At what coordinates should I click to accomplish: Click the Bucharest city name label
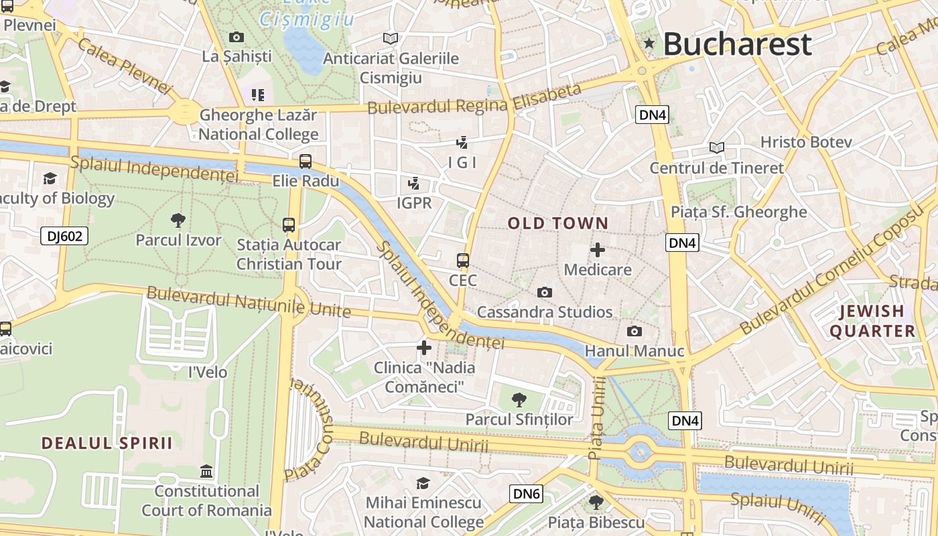click(737, 44)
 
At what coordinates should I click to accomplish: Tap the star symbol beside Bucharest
click(649, 44)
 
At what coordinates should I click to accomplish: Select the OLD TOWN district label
click(558, 224)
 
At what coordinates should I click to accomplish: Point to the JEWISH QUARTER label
click(872, 321)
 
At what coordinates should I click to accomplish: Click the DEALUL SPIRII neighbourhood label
click(107, 443)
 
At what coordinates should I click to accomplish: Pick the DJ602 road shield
click(64, 236)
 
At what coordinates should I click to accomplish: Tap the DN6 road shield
click(526, 494)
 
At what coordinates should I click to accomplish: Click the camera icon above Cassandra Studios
click(545, 292)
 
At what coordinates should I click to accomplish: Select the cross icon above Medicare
click(598, 250)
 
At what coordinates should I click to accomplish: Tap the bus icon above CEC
click(463, 260)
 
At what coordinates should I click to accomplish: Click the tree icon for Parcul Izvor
click(178, 220)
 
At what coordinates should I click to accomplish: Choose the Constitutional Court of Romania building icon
click(206, 472)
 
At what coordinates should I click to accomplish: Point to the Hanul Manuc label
click(634, 351)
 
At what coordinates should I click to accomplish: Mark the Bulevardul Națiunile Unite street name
click(249, 302)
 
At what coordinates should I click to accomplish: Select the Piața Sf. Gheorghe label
click(739, 212)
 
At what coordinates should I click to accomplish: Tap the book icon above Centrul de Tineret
click(717, 147)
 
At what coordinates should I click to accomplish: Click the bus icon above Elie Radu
click(306, 161)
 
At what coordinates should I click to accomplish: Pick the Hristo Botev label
click(806, 142)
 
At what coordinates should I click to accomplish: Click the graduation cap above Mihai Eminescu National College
click(423, 483)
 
